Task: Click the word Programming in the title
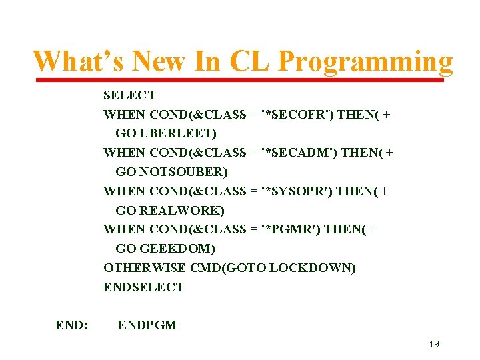tap(365, 61)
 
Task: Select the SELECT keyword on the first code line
tap(129, 95)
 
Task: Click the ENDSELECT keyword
tap(143, 287)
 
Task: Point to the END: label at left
tap(72, 325)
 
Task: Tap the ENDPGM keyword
tap(147, 325)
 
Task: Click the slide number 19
tap(434, 344)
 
